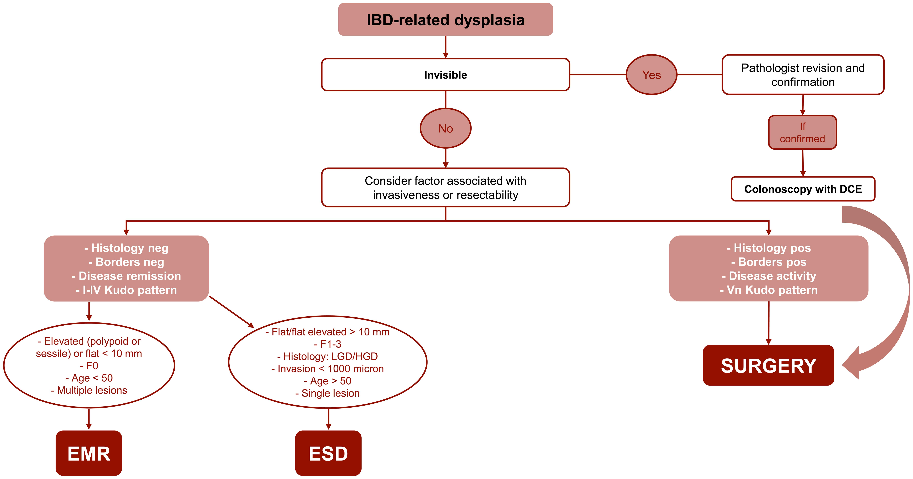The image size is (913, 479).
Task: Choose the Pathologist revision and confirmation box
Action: coord(803,75)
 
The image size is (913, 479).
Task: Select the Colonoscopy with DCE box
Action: coord(803,189)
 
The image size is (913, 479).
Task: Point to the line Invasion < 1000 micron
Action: coord(327,369)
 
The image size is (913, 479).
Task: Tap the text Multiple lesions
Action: coord(89,390)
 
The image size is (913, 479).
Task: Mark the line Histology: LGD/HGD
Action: coord(327,356)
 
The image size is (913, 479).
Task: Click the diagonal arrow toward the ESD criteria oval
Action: coord(232,312)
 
